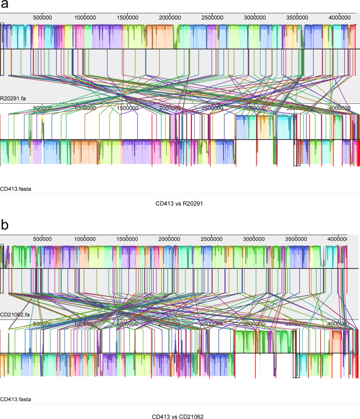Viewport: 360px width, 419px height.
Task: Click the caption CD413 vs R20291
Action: click(x=180, y=203)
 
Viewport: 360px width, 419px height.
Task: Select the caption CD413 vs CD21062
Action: click(x=180, y=417)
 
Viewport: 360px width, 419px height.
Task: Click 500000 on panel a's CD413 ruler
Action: click(x=43, y=108)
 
